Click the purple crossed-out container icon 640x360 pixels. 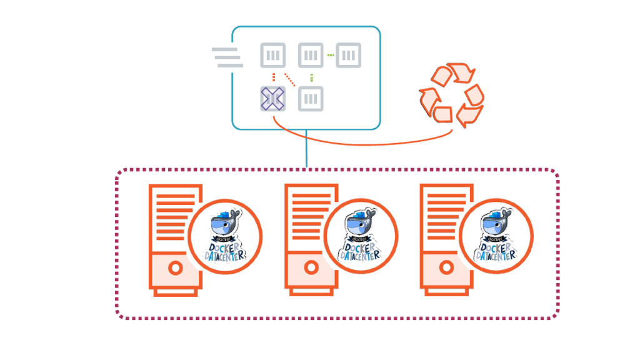coord(272,99)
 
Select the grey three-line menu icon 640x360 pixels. coord(227,57)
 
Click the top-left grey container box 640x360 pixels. coord(272,55)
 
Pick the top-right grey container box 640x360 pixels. coord(348,55)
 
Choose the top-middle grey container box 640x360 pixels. coord(311,55)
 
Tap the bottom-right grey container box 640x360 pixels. coord(311,99)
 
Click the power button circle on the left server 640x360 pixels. coord(176,268)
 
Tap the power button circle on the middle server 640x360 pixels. coord(311,268)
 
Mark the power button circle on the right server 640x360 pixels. coord(446,268)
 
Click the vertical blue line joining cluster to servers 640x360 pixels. coord(306,149)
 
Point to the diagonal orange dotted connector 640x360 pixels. coord(290,80)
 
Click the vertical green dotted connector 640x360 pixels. coord(311,77)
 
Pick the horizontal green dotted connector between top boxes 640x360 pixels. coord(330,55)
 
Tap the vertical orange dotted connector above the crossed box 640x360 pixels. coord(273,77)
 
